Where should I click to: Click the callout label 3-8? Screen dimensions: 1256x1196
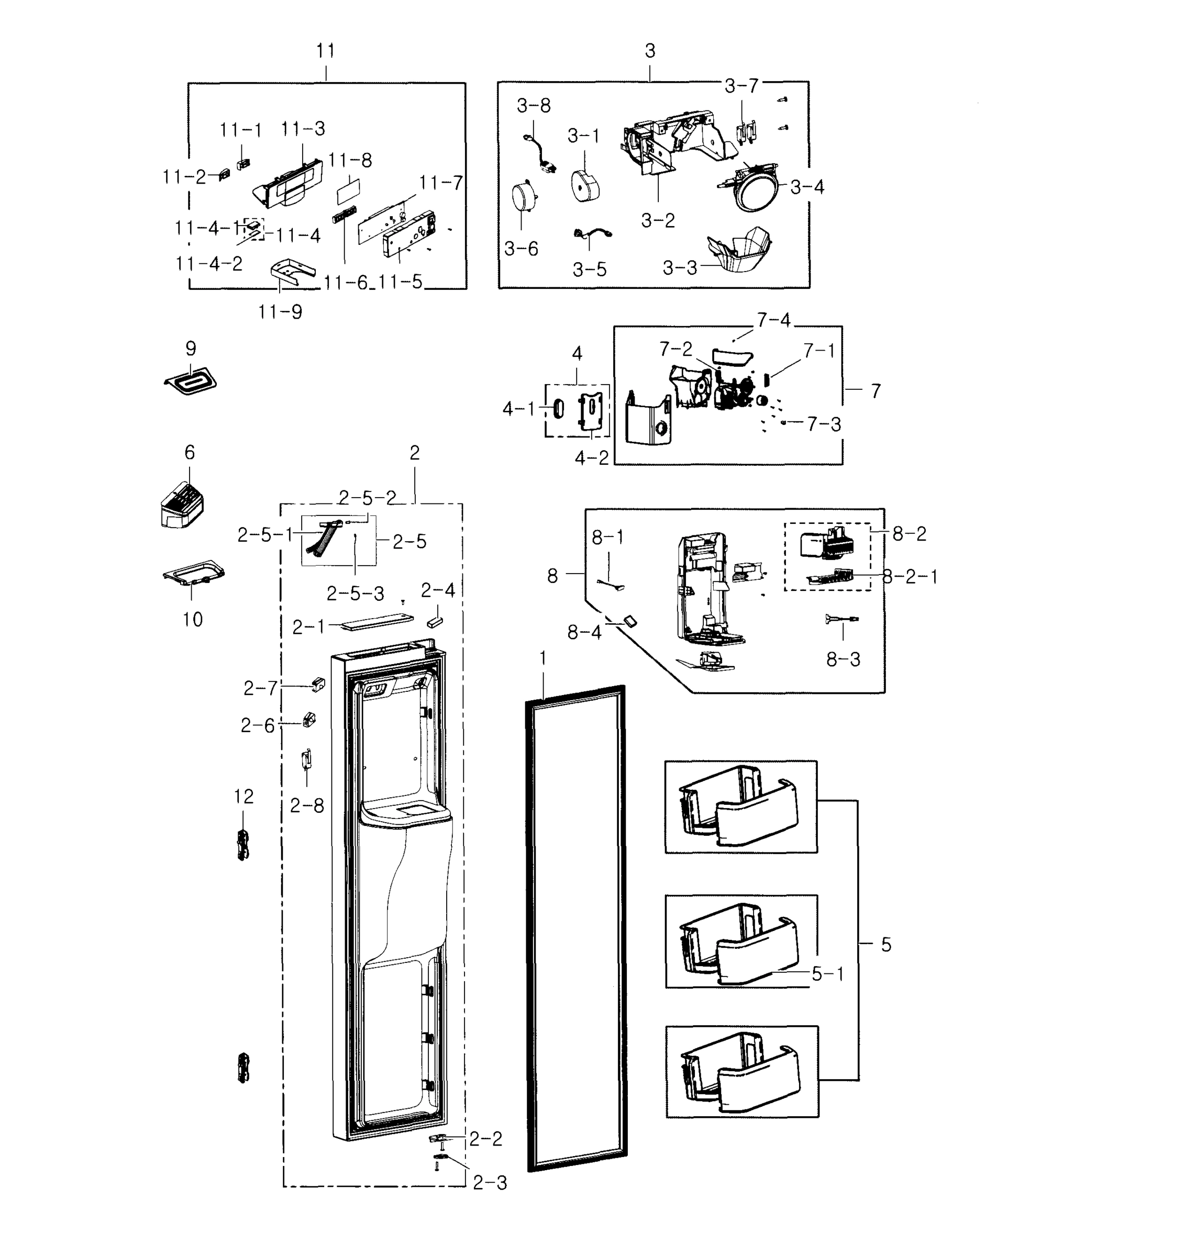coord(534,106)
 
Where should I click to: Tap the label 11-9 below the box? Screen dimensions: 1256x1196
coord(280,312)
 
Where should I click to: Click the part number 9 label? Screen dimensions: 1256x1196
coord(191,349)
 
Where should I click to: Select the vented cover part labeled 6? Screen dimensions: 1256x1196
coord(182,506)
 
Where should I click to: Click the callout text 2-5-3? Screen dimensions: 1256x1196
coord(355,594)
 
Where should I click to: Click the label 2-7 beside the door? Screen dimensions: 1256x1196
coord(261,688)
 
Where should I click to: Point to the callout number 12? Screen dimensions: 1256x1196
coord(243,797)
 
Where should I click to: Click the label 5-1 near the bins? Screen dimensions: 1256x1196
coord(827,974)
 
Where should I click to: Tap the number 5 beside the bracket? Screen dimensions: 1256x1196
coord(886,945)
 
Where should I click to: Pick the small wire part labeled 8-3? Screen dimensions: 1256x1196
coord(841,619)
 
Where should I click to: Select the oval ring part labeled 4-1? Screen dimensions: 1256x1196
coord(557,409)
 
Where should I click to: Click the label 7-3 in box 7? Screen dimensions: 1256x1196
coord(824,424)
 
